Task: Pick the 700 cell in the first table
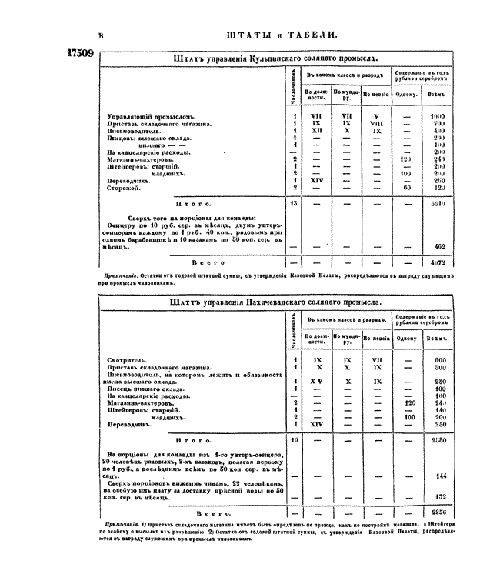click(440, 123)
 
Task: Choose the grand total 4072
click(440, 262)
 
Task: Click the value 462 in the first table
click(441, 246)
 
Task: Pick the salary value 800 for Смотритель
click(440, 359)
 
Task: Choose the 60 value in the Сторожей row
click(407, 188)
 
